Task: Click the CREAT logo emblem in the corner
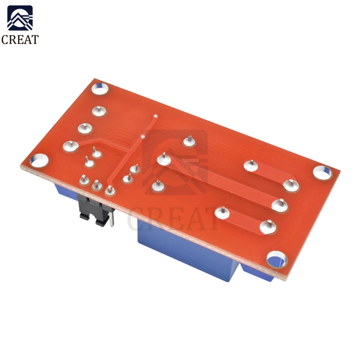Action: [x=20, y=18]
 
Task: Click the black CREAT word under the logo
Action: [x=20, y=40]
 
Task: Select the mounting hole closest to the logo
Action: [x=100, y=89]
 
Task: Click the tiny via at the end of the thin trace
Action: [x=156, y=116]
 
